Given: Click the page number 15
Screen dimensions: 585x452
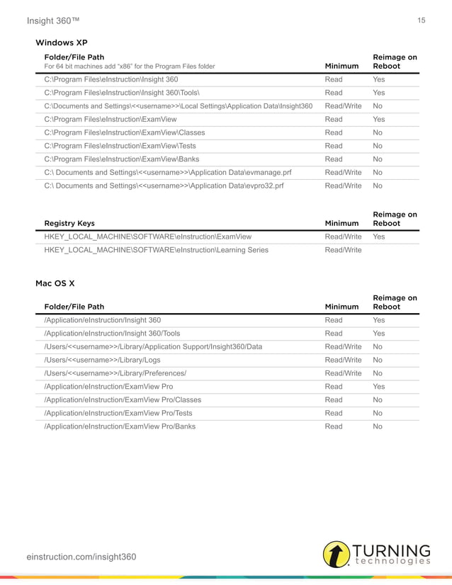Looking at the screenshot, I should pyautogui.click(x=422, y=21).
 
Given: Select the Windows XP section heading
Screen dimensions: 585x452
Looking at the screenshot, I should pyautogui.click(x=62, y=43).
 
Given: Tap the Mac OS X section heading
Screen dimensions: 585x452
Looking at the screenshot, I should pyautogui.click(x=55, y=283).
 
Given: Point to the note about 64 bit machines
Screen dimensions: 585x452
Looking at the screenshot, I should pyautogui.click(x=130, y=66).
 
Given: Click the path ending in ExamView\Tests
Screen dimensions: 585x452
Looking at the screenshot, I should pyautogui.click(x=120, y=146).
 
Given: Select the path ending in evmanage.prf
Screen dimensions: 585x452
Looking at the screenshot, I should pyautogui.click(x=164, y=172).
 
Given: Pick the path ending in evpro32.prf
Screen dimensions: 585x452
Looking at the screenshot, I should pyautogui.click(x=164, y=186).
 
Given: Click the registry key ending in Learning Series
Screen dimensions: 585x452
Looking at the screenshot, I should pyautogui.click(x=156, y=250).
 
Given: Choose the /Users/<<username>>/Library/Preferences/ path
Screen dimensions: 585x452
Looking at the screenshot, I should pyautogui.click(x=115, y=373).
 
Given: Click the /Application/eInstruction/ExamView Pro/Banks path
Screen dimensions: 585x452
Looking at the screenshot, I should pyautogui.click(x=120, y=426).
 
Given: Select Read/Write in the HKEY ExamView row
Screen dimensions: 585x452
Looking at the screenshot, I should pyautogui.click(x=343, y=237).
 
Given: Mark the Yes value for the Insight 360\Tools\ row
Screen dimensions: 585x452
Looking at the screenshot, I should pyautogui.click(x=379, y=93).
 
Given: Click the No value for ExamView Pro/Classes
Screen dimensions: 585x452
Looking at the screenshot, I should pyautogui.click(x=378, y=399).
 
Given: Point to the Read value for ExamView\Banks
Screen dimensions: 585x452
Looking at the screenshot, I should pyautogui.click(x=334, y=159).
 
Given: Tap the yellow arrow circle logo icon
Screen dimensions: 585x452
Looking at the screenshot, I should pyautogui.click(x=337, y=555).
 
